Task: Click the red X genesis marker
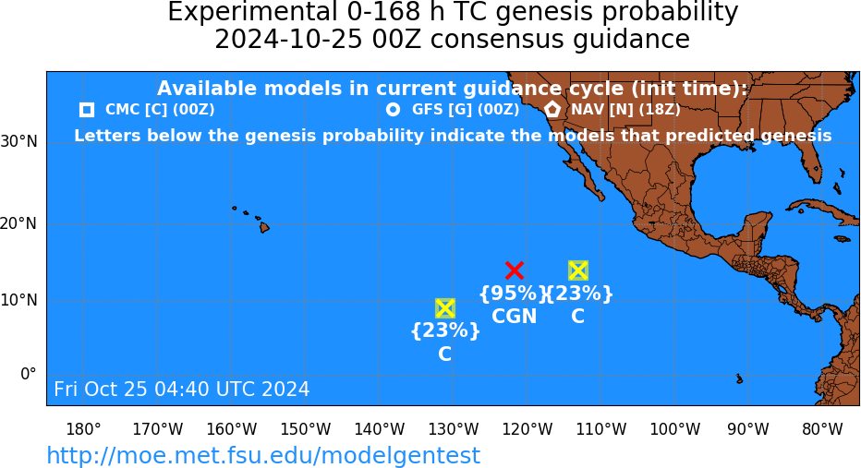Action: (x=514, y=270)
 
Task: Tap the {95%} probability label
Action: (x=514, y=294)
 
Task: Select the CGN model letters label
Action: (x=514, y=317)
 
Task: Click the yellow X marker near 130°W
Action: (x=444, y=308)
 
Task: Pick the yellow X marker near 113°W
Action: (x=577, y=270)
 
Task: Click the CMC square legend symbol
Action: (x=87, y=110)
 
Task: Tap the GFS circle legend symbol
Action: (x=393, y=110)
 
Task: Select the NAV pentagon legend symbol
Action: (x=552, y=109)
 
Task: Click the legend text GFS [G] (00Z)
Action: (x=466, y=110)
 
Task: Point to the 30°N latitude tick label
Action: (x=19, y=142)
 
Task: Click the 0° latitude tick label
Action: (x=29, y=374)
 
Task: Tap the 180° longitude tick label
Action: (x=83, y=429)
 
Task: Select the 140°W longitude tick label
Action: (x=380, y=429)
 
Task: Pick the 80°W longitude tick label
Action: (x=822, y=429)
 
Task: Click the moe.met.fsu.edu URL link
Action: (x=263, y=456)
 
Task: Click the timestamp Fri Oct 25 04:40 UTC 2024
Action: (x=182, y=389)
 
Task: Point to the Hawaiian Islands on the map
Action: (x=252, y=219)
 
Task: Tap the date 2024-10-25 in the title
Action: (x=288, y=40)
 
